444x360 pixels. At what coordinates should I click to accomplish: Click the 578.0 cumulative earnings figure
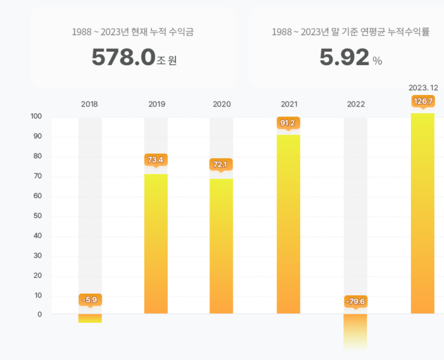(123, 58)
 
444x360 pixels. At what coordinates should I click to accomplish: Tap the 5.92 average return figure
(344, 58)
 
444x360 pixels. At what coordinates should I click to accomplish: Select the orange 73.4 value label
(156, 160)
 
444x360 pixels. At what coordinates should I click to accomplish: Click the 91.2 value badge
(288, 123)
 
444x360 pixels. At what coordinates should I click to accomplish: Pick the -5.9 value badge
(90, 300)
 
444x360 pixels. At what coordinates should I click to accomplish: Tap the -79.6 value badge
(355, 301)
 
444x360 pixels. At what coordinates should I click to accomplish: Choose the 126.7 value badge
(423, 101)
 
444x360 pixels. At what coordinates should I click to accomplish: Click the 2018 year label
(89, 104)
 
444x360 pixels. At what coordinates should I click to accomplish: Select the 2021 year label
(289, 104)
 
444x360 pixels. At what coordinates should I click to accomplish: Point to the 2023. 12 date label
(423, 88)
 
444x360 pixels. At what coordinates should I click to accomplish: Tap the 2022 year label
(356, 104)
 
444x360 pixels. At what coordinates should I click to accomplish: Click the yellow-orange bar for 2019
(156, 244)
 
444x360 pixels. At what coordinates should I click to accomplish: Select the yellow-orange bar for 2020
(221, 246)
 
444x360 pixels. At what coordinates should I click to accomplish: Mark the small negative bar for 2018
(90, 318)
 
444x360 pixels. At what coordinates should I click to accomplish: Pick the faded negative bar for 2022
(355, 330)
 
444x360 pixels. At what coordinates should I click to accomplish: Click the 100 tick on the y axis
(36, 117)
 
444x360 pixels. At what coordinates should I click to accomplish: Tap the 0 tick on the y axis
(39, 314)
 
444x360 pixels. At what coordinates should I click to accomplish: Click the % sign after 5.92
(377, 61)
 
